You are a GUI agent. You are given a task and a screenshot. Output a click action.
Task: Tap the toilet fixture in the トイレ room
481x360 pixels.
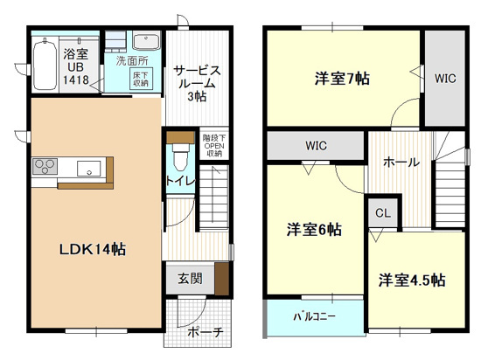click(179, 156)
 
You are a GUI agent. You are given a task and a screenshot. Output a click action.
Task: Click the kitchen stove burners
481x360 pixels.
click(45, 166)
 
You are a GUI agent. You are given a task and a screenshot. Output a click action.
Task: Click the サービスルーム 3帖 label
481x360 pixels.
click(196, 81)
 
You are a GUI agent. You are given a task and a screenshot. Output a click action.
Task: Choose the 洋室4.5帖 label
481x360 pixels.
click(412, 280)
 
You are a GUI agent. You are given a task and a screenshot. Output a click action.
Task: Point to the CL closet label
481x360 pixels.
click(383, 212)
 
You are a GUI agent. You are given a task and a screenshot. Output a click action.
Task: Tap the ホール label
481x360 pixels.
click(401, 162)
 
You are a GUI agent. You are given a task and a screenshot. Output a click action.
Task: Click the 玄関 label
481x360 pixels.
click(190, 279)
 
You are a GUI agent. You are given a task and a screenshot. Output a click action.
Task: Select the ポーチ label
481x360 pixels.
click(206, 332)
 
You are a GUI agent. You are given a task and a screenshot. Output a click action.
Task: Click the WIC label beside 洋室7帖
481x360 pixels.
click(445, 78)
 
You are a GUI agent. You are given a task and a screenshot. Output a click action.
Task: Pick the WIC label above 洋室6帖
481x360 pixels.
click(317, 144)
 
